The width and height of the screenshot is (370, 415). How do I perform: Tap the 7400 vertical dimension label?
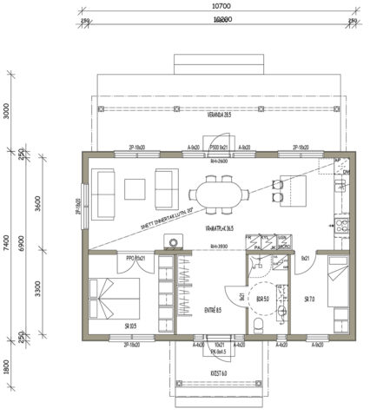(x=7, y=247)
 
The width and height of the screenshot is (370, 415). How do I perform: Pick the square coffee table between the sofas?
(x=136, y=188)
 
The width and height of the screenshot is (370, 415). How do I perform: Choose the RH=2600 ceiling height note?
(x=218, y=161)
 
